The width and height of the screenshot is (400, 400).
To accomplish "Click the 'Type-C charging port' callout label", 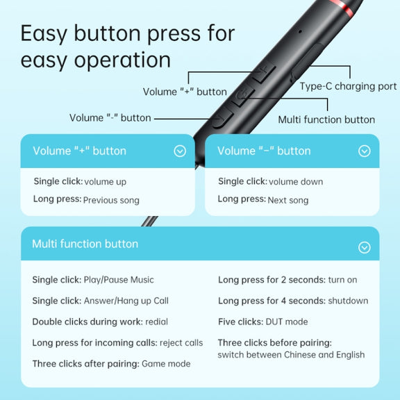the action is coord(348,86).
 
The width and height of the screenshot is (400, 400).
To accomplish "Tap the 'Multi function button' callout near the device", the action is coord(326,119).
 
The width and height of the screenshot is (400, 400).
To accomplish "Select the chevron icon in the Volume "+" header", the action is coord(180,151).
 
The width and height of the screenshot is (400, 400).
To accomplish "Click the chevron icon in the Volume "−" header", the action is coord(365,151).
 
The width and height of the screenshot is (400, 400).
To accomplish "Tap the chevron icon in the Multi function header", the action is coord(365,247).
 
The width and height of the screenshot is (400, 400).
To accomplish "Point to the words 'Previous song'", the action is coord(111,200).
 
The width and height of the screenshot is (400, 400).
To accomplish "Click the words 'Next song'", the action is coord(288,200).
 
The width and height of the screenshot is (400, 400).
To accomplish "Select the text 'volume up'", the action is coord(106,182).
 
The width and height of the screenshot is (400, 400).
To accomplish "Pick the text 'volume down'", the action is coord(296,182).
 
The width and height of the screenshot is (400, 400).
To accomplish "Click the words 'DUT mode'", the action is coord(287,322).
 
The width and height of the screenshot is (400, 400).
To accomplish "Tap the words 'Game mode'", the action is coord(166,363).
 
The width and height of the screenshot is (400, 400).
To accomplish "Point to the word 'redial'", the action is coord(157,322).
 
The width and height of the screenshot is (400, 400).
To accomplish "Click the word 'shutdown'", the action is coord(348,301).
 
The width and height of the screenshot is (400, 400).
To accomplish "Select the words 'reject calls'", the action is coord(181,343).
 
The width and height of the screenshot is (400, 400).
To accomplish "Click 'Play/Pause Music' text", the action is coord(119,280).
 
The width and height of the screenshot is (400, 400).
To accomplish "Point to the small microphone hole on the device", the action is coord(300,32).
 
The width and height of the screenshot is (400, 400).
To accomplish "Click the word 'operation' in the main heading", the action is coord(122,60).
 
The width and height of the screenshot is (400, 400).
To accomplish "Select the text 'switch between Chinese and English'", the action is coord(291,355).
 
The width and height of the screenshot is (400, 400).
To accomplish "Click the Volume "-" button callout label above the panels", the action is coord(110,118).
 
